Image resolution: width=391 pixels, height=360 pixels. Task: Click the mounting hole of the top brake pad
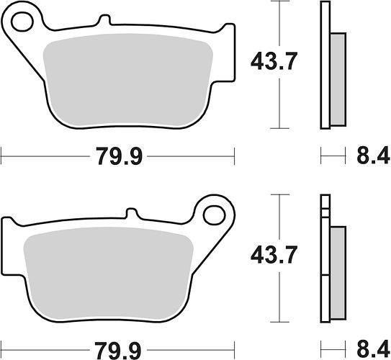[22, 22]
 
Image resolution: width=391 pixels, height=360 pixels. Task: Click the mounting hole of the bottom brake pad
[214, 215]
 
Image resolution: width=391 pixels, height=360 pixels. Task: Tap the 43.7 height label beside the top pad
[274, 61]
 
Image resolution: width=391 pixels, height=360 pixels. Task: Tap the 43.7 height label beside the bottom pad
[274, 255]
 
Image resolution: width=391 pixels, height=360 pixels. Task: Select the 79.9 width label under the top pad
[119, 156]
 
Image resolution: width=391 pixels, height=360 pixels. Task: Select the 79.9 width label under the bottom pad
[118, 350]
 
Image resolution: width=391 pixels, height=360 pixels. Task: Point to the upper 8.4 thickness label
[373, 155]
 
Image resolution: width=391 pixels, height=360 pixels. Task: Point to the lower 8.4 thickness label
[373, 349]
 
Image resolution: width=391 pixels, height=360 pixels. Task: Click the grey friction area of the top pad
[127, 80]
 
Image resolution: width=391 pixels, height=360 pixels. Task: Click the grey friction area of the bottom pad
[109, 274]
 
